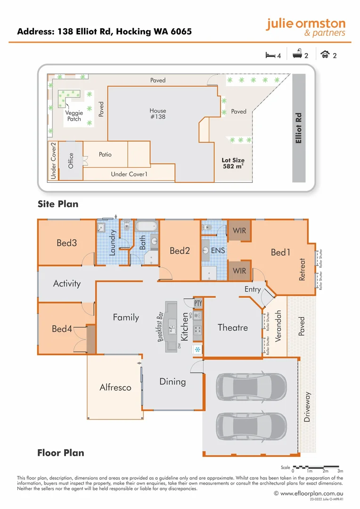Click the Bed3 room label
[66, 243]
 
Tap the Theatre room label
[232, 328]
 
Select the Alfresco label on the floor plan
[115, 387]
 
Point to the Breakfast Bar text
[160, 326]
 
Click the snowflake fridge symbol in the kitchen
[197, 349]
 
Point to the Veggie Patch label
[74, 116]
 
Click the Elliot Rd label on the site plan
[298, 128]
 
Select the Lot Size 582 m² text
[233, 164]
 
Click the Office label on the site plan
[71, 161]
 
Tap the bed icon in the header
[270, 55]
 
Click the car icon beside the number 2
[325, 55]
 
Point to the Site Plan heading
[58, 204]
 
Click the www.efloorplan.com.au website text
[311, 493]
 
